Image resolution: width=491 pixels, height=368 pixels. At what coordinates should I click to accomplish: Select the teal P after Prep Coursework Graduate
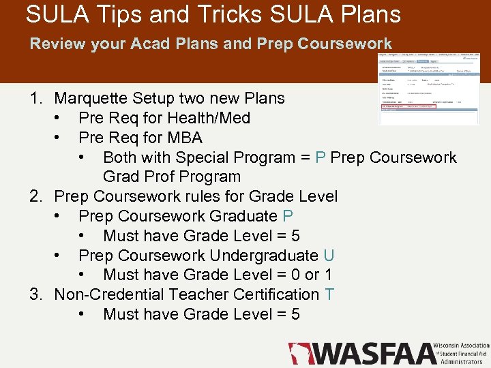(288, 216)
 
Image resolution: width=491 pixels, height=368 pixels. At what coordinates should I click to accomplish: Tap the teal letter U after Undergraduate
(329, 256)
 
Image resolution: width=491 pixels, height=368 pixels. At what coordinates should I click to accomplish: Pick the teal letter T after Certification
(329, 294)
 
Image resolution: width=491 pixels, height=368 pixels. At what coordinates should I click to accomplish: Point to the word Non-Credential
(110, 294)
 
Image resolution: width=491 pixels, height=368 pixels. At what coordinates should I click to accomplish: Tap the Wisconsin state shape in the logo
(299, 353)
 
